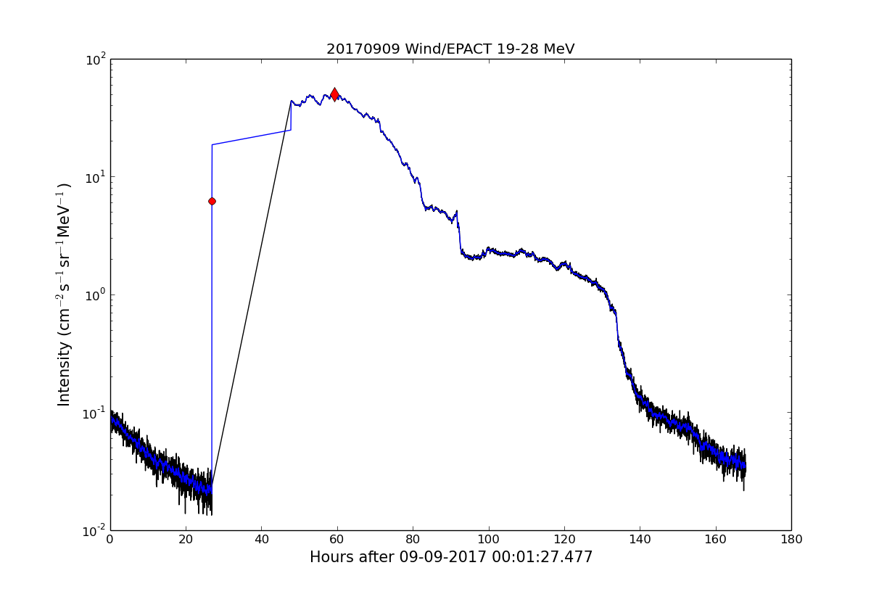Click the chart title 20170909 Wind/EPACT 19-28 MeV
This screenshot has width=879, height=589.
point(450,49)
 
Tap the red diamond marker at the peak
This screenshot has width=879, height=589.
point(334,94)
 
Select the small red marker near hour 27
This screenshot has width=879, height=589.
point(212,201)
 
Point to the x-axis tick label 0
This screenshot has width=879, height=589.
point(110,540)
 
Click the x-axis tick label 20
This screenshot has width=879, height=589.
point(186,540)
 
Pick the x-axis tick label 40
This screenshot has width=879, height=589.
point(261,540)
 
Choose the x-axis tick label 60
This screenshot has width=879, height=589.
point(337,540)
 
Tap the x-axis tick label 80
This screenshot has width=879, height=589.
point(413,540)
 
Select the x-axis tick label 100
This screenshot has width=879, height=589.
point(488,540)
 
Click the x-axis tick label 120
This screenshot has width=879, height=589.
point(564,540)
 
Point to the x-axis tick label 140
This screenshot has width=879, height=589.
point(640,540)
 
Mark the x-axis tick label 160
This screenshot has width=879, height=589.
point(715,540)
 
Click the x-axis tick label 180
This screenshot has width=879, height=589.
point(791,540)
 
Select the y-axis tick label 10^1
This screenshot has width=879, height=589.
point(95,176)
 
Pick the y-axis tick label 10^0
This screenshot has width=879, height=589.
point(95,294)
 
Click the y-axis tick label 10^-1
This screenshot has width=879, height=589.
point(93,412)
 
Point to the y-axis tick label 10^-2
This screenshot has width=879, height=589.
point(93,530)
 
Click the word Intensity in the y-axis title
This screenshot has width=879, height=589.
point(65,374)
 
